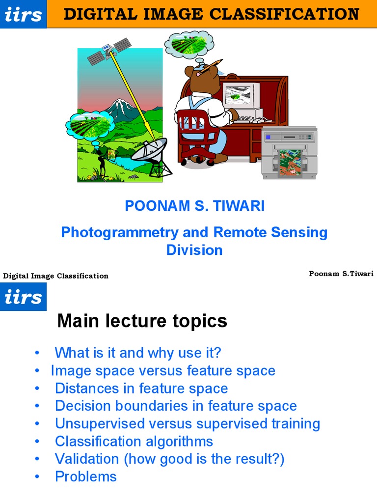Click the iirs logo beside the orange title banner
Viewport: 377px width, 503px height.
pos(23,14)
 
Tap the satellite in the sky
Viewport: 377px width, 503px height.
pos(108,51)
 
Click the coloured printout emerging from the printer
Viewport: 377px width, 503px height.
pos(290,163)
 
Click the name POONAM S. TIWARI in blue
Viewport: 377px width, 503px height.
pos(194,206)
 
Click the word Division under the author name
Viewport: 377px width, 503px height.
pos(194,250)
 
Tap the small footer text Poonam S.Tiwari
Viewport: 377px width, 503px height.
pos(341,274)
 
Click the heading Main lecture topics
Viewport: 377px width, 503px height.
pos(142,321)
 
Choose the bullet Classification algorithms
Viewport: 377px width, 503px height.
pos(134,441)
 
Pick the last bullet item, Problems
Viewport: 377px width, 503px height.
pos(85,476)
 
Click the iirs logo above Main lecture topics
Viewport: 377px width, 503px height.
pos(23,297)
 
